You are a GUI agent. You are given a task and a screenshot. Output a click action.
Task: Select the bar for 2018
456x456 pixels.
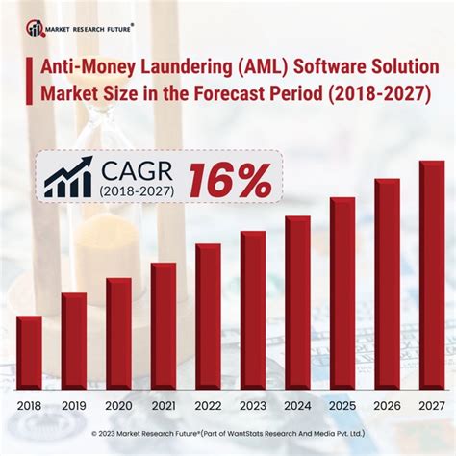(29, 352)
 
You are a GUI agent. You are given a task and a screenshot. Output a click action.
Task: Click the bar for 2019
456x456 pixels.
(74, 341)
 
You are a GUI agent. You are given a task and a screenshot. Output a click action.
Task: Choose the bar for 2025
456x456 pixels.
(342, 293)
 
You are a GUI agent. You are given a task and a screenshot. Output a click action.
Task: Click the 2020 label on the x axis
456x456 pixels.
(119, 406)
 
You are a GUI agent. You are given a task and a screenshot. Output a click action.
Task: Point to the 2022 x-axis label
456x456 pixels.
(208, 406)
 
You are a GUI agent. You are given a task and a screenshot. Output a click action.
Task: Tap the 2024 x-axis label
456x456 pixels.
(297, 406)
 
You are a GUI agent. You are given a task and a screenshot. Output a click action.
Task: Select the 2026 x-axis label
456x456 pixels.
(387, 406)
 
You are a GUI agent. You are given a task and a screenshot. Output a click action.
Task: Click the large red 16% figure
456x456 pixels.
(230, 180)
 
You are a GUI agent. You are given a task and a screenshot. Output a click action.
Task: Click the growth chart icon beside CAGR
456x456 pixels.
(68, 178)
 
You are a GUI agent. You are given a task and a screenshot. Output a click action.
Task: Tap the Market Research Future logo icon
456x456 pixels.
(36, 26)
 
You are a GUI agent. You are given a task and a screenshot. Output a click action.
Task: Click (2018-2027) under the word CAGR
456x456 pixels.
(135, 190)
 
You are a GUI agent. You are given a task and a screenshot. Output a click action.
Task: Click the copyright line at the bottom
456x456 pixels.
(228, 434)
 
